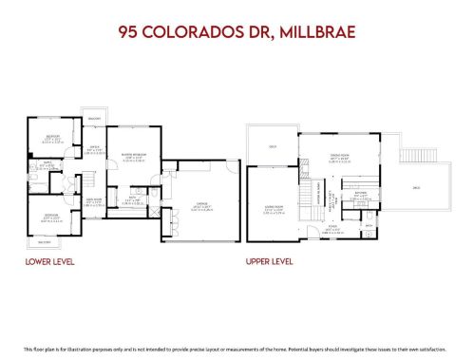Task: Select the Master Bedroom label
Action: pyautogui.click(x=131, y=156)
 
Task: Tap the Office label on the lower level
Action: pyautogui.click(x=94, y=148)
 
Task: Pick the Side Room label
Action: pyautogui.click(x=93, y=200)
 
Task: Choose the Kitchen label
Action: pyautogui.click(x=361, y=195)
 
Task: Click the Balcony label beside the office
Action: pyautogui.click(x=94, y=119)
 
